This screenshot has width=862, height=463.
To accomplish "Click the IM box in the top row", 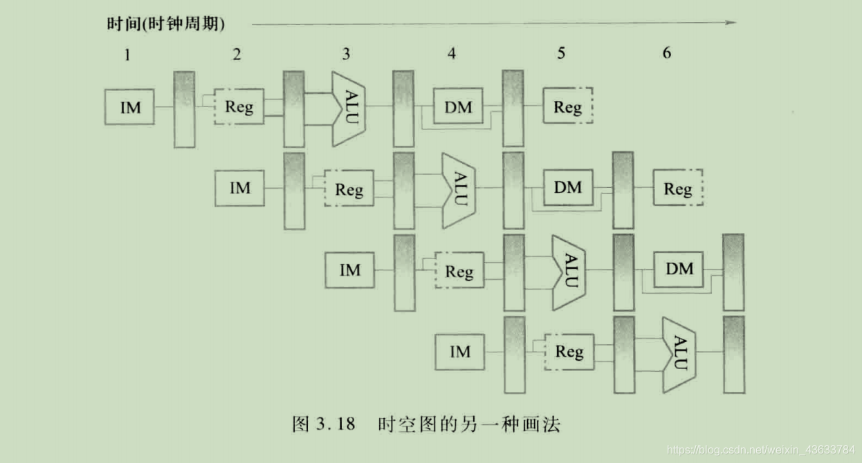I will [129, 107].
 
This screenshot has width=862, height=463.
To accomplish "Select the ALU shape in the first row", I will [349, 108].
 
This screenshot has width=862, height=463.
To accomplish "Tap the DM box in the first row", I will [458, 106].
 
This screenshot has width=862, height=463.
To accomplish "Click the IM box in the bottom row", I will [459, 352].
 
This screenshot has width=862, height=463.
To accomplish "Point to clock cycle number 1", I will [127, 55].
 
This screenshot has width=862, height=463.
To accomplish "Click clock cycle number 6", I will [667, 53].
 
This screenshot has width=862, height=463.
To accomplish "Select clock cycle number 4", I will [452, 53].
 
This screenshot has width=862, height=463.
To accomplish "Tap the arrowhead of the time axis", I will [731, 23].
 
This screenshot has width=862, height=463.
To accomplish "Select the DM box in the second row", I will [568, 187].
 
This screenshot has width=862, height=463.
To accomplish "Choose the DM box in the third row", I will [679, 269].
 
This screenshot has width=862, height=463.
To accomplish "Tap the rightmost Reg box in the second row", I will [678, 189].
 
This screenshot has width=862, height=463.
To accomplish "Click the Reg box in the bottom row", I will [569, 352].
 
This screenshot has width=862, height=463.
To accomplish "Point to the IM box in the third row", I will [350, 270].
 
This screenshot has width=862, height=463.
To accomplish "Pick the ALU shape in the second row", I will [459, 189].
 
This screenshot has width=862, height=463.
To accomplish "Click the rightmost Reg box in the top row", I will [567, 107].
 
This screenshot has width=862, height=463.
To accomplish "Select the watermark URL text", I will [761, 450].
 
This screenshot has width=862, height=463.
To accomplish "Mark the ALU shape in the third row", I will [569, 272].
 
